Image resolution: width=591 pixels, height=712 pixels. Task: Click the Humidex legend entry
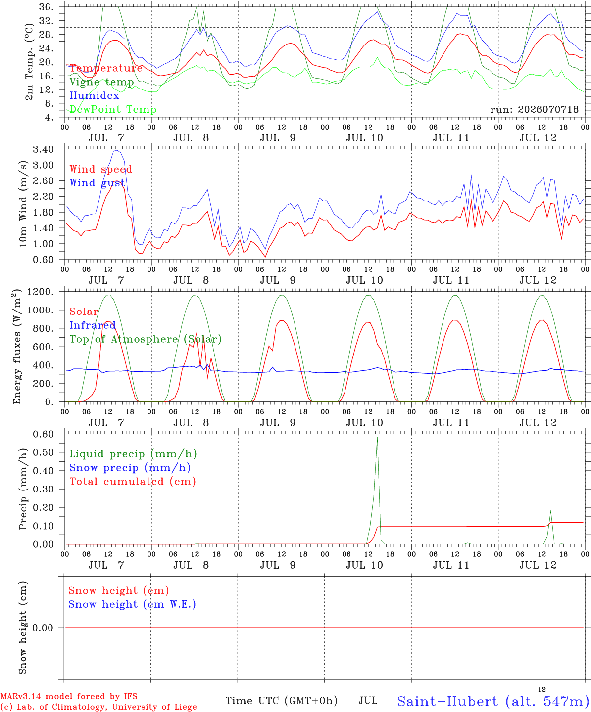click(94, 95)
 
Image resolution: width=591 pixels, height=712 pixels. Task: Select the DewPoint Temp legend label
click(113, 109)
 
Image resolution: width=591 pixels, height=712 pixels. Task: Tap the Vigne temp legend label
click(101, 82)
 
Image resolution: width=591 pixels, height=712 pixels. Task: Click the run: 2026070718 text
click(534, 109)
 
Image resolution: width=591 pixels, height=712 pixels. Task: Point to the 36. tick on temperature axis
click(46, 7)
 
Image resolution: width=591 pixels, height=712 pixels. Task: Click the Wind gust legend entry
click(97, 183)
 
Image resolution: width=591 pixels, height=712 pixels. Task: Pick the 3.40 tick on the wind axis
click(44, 149)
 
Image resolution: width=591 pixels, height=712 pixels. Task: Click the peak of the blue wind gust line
click(117, 150)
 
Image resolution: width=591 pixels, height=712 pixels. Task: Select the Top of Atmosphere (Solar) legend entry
click(146, 339)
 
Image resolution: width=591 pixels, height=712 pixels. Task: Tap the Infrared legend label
click(93, 325)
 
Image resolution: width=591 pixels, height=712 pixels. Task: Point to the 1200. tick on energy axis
click(41, 292)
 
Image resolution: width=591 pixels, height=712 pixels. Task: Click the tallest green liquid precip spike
click(377, 438)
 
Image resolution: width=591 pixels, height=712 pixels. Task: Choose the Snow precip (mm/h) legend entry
click(130, 468)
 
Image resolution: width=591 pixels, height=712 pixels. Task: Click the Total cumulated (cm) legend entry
click(133, 482)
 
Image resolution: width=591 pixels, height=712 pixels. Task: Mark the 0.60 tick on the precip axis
click(44, 434)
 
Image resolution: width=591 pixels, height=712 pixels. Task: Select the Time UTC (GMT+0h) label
click(281, 701)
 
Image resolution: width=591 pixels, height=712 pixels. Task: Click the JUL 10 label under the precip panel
click(364, 565)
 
